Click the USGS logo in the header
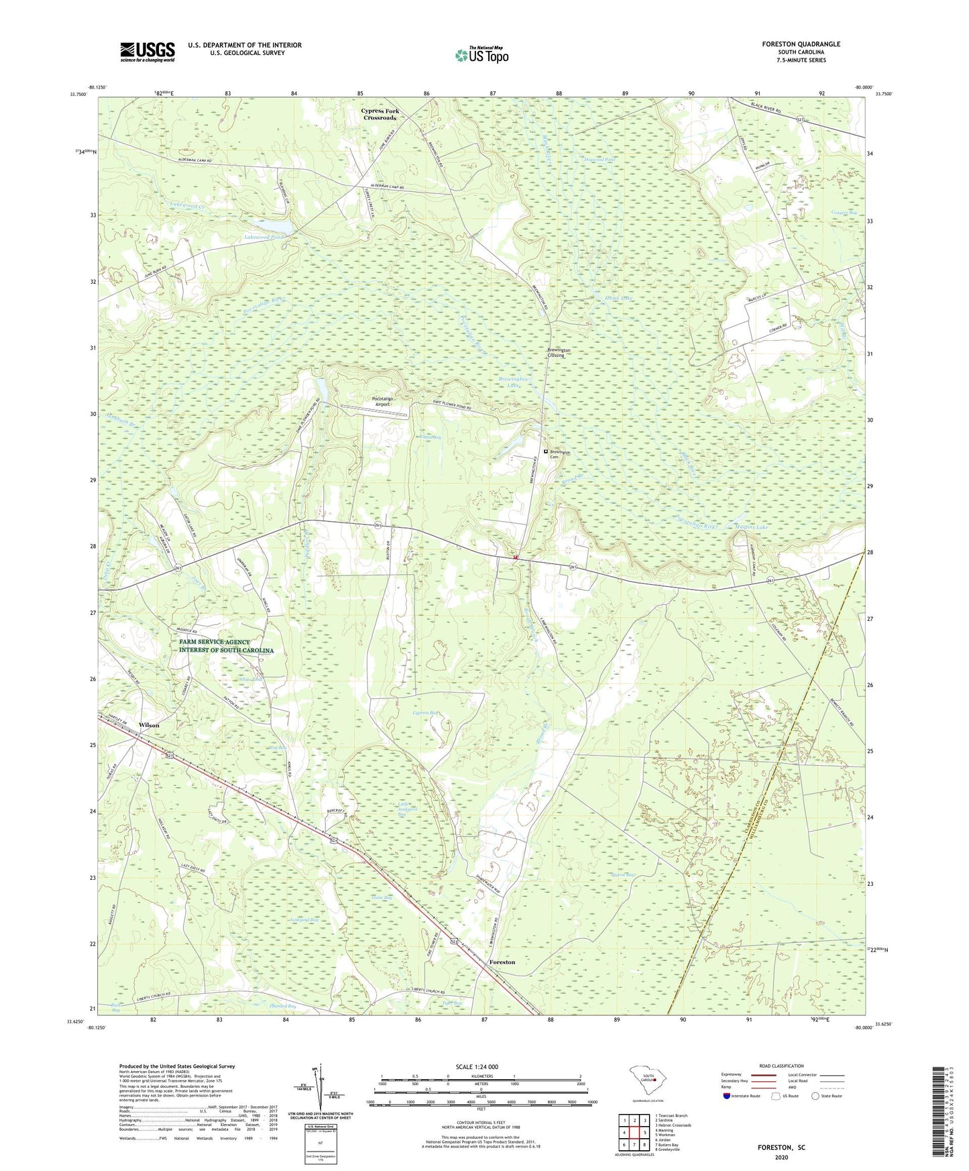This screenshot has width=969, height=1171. [148, 51]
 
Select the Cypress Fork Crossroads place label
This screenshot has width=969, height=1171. [380, 115]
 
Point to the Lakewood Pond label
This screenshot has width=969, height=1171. [266, 237]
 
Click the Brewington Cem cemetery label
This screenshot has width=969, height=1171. [560, 454]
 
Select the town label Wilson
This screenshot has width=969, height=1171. [149, 726]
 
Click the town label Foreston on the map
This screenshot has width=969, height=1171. [502, 962]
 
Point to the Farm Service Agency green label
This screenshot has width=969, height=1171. [226, 647]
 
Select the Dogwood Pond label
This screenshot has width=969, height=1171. [599, 160]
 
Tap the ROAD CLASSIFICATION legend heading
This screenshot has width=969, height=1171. [782, 1066]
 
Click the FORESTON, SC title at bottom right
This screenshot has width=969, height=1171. [781, 1148]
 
